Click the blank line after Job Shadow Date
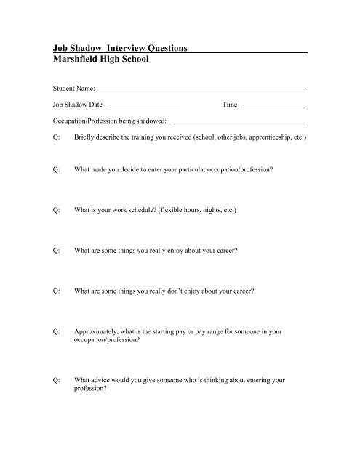143,107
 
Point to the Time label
230,105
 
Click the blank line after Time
273,107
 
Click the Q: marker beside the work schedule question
56,209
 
